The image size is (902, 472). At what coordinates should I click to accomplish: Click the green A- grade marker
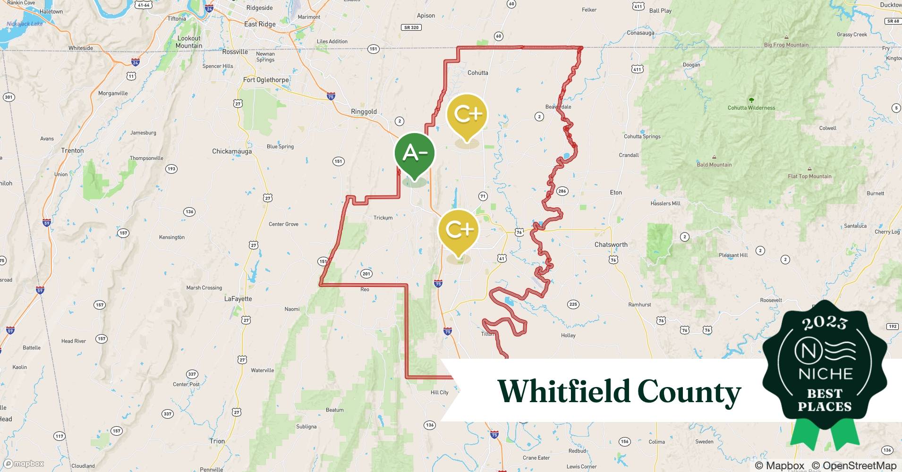(415, 153)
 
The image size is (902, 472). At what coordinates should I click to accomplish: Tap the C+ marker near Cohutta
(467, 115)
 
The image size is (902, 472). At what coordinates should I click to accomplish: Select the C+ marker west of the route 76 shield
(459, 230)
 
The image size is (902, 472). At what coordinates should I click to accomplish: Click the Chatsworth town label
(611, 244)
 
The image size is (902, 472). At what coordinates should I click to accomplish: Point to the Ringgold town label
(364, 112)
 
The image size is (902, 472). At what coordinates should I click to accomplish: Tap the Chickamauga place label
(232, 152)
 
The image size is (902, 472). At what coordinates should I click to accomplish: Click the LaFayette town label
(238, 299)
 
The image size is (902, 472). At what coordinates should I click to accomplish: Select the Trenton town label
(72, 151)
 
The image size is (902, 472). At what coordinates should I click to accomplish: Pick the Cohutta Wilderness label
(751, 108)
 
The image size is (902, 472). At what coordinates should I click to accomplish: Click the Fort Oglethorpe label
(266, 80)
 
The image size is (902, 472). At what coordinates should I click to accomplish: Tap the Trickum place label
(383, 218)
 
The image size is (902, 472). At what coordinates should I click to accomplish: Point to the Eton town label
(616, 193)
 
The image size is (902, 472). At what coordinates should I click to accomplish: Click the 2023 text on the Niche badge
(825, 323)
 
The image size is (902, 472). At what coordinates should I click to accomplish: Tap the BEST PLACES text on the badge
(825, 400)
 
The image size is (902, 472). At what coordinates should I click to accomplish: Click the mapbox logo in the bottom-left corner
(24, 464)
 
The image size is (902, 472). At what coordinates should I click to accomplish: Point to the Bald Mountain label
(714, 165)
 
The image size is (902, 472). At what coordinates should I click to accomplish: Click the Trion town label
(217, 441)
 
